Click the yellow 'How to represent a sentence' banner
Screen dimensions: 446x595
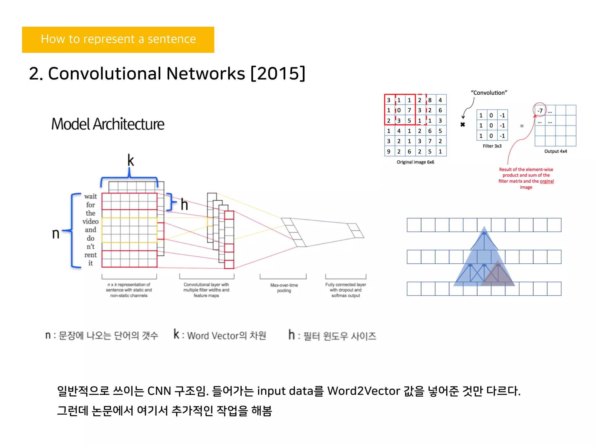click(118, 39)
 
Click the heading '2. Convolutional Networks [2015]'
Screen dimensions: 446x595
click(167, 73)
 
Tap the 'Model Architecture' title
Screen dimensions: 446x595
click(108, 124)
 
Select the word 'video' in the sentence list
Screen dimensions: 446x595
click(90, 222)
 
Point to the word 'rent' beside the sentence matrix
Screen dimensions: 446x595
click(90, 255)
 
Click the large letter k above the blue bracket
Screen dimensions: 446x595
click(130, 160)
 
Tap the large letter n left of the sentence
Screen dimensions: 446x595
click(55, 233)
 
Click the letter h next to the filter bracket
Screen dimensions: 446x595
click(184, 204)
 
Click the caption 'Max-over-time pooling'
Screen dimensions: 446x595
click(284, 288)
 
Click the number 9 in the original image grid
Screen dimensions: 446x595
click(388, 152)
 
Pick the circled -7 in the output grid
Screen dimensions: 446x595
click(540, 111)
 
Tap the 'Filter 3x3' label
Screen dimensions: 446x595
click(492, 146)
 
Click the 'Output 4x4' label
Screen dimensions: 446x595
click(555, 151)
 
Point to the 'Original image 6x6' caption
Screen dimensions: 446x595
click(415, 162)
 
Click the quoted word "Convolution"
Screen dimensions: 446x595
click(489, 93)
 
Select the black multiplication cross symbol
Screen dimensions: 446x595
click(463, 125)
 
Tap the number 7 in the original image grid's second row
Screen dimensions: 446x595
click(409, 110)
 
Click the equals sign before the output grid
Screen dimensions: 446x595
click(522, 126)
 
